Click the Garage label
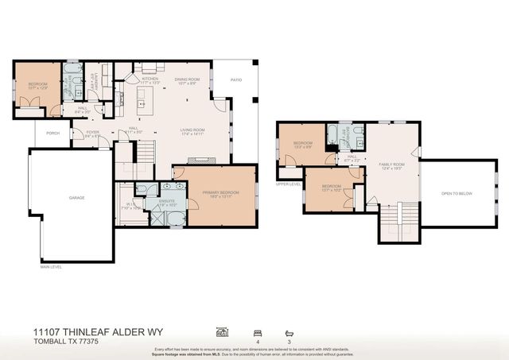(76, 198)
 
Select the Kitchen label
(150, 79)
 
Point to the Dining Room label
(185, 79)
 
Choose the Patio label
(236, 79)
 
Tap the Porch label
(52, 134)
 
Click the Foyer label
(92, 133)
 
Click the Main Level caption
(52, 267)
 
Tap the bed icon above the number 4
(257, 331)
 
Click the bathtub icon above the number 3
(289, 331)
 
